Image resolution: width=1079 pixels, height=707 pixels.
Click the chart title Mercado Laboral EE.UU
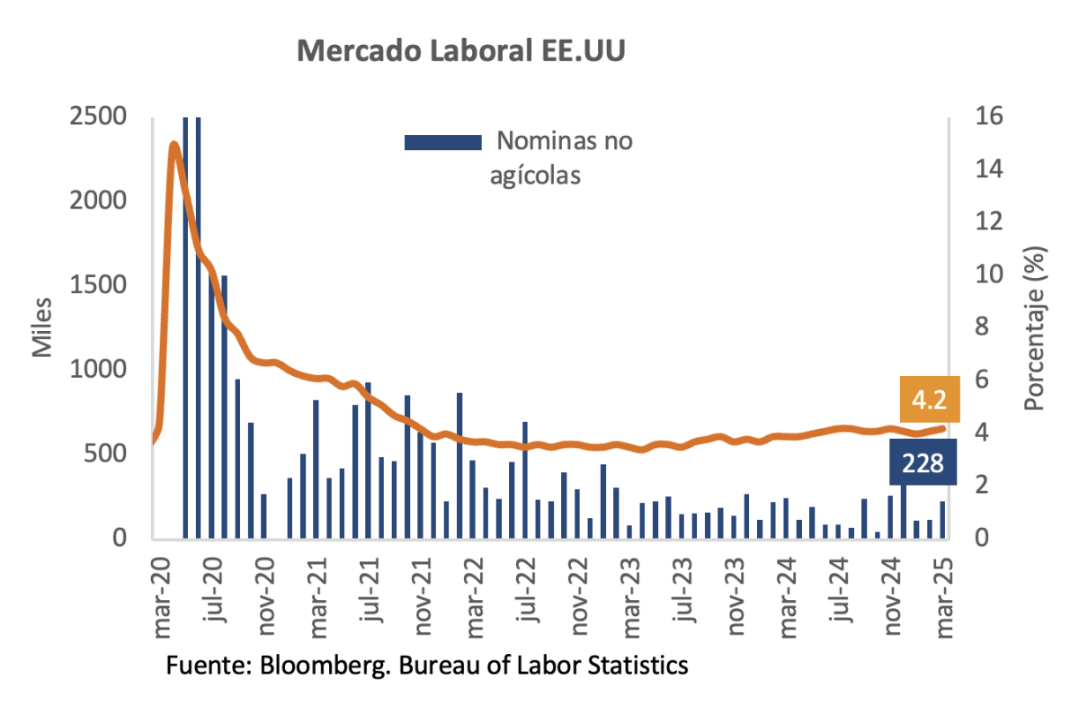(x=460, y=51)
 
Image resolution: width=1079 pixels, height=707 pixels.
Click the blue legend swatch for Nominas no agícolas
(x=442, y=141)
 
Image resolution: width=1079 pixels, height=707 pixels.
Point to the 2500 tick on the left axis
(x=101, y=117)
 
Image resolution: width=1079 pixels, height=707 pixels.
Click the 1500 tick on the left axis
(x=101, y=285)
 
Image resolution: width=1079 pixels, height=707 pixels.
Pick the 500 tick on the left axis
(x=110, y=454)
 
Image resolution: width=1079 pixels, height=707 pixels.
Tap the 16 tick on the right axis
(x=977, y=117)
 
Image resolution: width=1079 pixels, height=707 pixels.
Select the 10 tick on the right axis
(x=977, y=274)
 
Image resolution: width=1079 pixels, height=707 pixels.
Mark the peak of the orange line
(x=174, y=144)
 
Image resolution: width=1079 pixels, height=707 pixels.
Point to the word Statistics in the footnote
(x=638, y=667)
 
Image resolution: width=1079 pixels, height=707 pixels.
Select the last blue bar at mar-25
(x=942, y=520)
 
